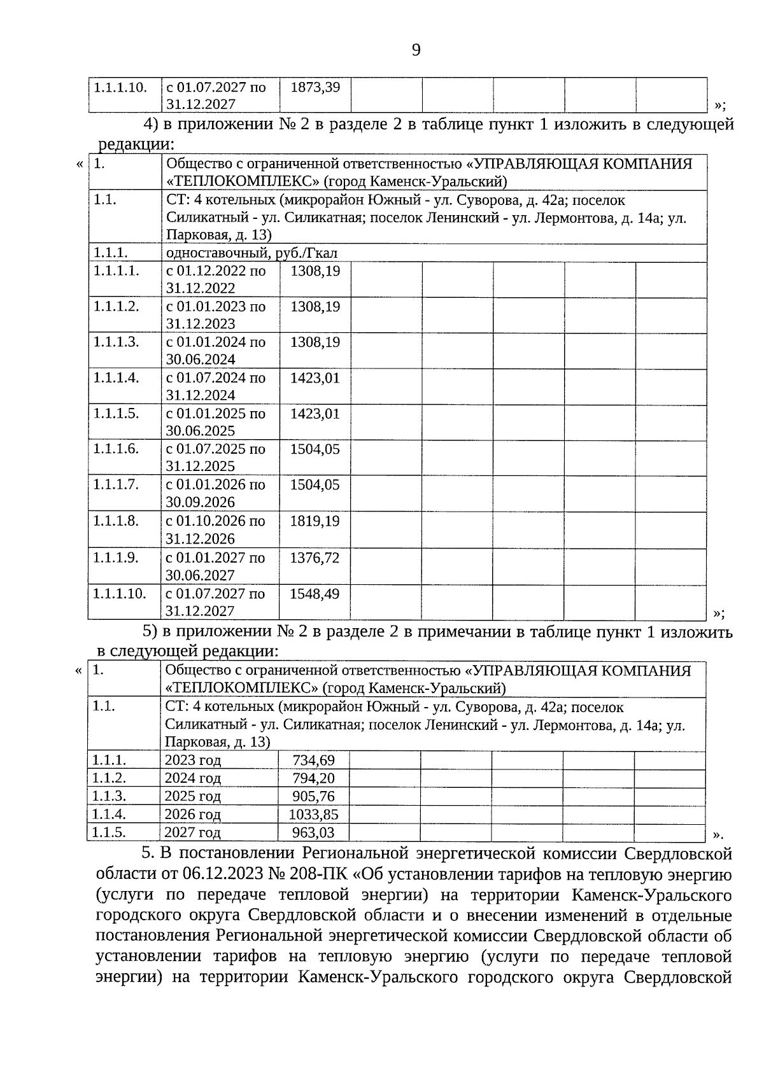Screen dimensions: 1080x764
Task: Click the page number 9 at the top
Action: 416,50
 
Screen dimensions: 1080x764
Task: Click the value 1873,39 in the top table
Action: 315,87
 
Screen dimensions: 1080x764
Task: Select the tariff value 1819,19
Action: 315,521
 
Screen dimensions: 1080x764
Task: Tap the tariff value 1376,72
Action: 315,558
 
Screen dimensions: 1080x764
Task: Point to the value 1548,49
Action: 315,594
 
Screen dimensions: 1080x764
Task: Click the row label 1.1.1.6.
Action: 116,449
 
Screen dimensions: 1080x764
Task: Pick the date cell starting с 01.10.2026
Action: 215,529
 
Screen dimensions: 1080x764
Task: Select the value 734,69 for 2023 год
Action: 313,760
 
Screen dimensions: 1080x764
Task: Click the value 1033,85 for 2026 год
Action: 313,814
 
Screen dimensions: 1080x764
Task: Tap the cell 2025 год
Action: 193,796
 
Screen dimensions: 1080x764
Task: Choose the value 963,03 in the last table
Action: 313,832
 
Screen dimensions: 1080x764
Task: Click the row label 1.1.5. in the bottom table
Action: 110,832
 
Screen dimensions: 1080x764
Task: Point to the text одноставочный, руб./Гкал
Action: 251,253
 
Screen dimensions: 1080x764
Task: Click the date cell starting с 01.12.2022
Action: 215,279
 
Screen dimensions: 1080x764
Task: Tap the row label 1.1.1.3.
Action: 116,342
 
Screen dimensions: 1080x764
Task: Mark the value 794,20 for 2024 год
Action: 313,778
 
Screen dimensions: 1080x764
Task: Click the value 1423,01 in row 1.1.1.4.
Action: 315,378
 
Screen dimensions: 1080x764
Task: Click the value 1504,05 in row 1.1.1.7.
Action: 315,485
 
